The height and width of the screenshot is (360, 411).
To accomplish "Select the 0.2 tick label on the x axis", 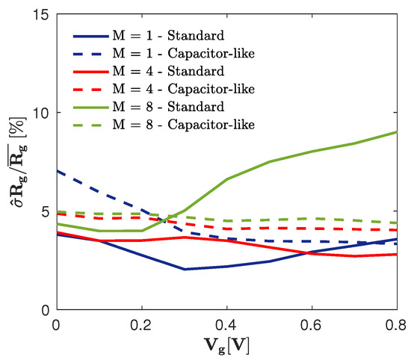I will [141, 326].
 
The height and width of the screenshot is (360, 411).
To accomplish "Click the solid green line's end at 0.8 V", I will [397, 132].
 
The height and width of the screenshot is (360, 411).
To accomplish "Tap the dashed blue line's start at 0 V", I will [56, 171].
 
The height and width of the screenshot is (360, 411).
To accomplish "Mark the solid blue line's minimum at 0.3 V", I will [184, 269].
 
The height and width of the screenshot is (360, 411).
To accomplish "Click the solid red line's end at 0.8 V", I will [397, 254].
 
